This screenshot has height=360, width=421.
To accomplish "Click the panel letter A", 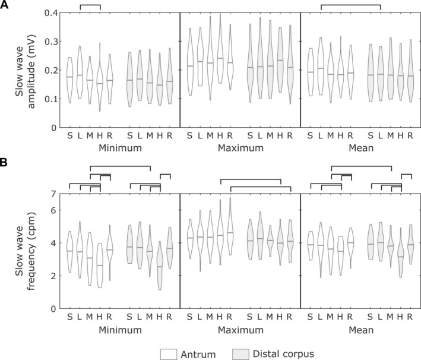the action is [4, 5].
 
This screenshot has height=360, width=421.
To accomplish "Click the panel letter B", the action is [4, 163].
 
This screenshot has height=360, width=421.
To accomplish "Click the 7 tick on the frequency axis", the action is [53, 194].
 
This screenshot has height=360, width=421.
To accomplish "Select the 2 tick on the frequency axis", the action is [53, 276].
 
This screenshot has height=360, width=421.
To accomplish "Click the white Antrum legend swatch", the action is [169, 354].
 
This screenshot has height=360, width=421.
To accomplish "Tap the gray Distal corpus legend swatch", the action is [241, 354].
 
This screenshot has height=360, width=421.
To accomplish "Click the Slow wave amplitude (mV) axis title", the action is [25, 71].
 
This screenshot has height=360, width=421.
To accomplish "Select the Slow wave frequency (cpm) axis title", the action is [25, 251].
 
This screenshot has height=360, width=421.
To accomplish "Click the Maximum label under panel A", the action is [240, 148].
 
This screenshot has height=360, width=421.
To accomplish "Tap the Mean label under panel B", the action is [361, 330].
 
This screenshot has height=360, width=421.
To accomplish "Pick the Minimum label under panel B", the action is [120, 330].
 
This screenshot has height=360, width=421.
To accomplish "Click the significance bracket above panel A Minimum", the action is [90, 5].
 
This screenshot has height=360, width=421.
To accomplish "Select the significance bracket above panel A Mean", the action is [351, 5].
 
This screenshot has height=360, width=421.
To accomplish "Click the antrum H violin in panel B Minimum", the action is [100, 266].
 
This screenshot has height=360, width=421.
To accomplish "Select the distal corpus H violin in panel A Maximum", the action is [280, 60].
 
